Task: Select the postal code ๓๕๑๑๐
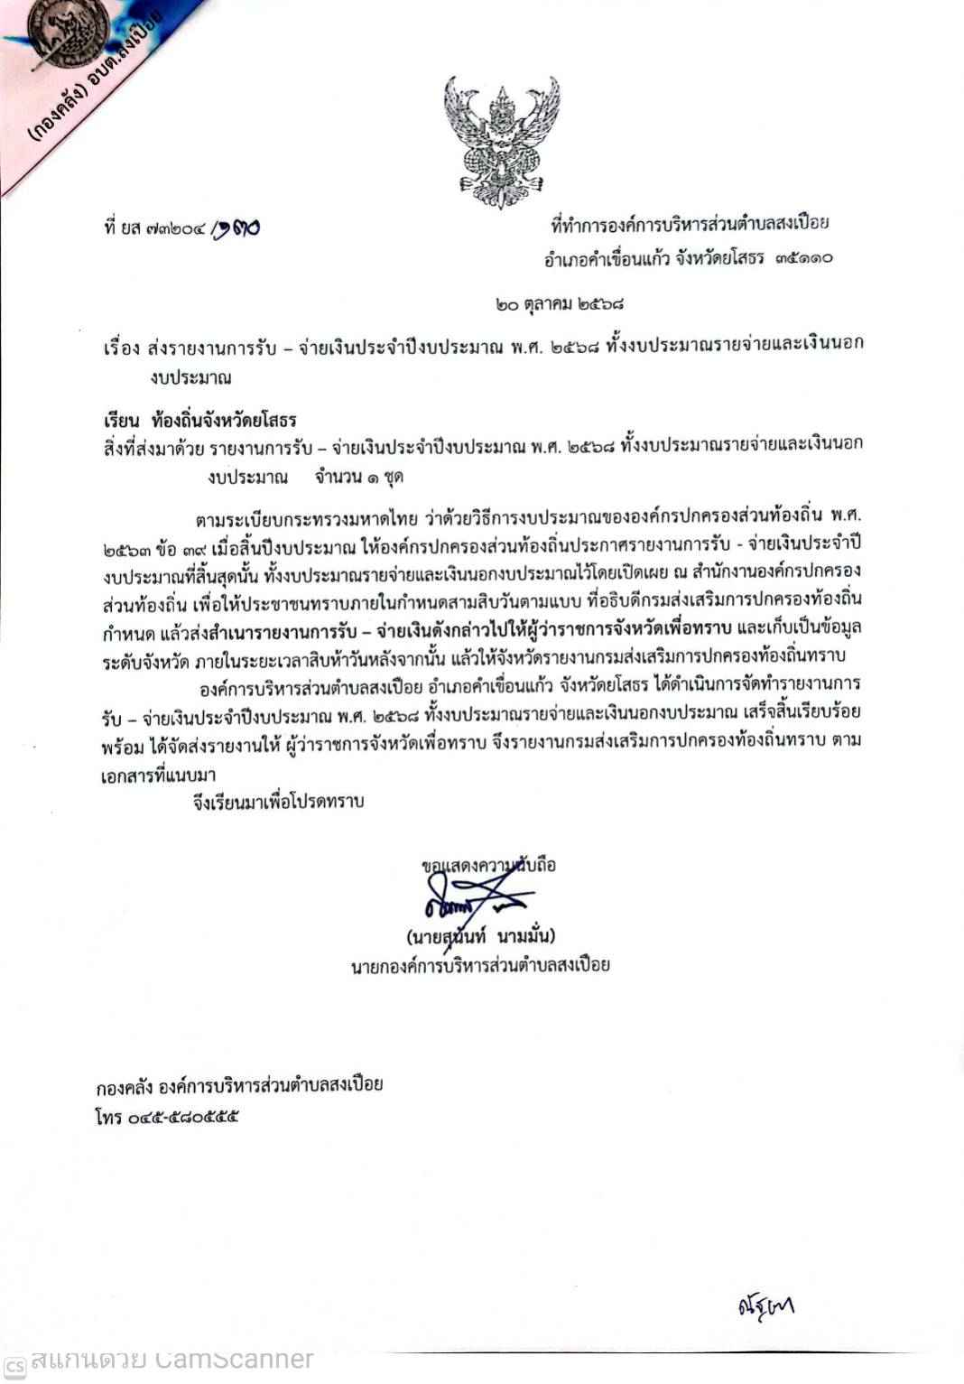coord(802,259)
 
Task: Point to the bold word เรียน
coord(122,420)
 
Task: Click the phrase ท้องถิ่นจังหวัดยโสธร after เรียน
coord(225,420)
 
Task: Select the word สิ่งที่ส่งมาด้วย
coord(153,445)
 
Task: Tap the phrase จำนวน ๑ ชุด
coord(358,476)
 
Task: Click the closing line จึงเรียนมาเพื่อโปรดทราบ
coord(278,801)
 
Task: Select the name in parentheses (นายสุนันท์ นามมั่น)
coord(480,935)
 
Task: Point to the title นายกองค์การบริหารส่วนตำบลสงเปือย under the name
coord(480,965)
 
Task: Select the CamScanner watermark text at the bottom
coord(171,1359)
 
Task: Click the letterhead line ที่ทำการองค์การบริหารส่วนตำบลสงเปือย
coord(690,223)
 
